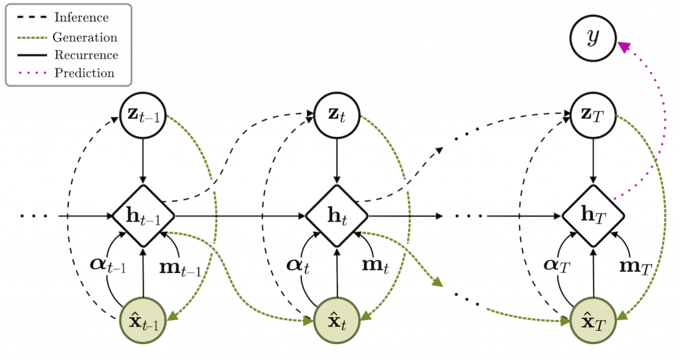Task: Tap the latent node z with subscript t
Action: [337, 114]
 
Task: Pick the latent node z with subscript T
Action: [594, 114]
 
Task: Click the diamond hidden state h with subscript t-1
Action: [143, 216]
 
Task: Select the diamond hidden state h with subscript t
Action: [337, 216]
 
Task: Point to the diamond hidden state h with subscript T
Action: [594, 216]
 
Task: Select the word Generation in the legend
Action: [85, 37]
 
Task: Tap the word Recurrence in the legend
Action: [86, 55]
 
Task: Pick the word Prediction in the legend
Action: [84, 73]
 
